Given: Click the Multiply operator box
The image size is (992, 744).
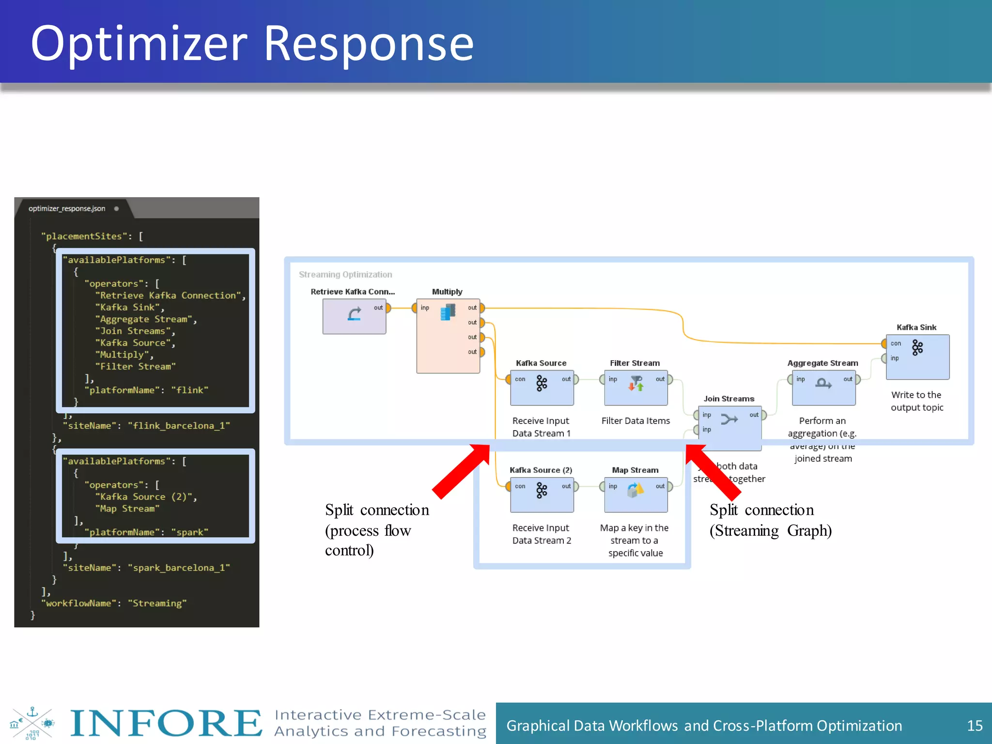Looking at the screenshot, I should [448, 336].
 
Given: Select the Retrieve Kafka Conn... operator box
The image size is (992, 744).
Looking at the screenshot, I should [354, 316].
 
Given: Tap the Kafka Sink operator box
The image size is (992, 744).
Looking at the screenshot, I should [917, 356].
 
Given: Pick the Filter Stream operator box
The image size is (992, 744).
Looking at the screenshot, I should [635, 387].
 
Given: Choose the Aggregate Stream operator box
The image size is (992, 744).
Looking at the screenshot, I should [823, 387].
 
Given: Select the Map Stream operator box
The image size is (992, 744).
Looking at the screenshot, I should [635, 495].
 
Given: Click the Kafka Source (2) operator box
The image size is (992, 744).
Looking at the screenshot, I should [542, 495].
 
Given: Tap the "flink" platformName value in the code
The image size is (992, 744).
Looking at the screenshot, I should [189, 390].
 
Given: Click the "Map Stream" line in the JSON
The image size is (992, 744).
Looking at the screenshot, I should [127, 509].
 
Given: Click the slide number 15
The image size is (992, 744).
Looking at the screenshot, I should [974, 726].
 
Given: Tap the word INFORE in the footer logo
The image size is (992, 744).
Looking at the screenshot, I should [166, 723].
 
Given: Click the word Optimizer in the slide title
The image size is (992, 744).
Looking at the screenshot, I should [139, 45].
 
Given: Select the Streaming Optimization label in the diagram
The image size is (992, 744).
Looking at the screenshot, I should [345, 275].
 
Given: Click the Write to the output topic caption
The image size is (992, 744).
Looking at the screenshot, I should [916, 401].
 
